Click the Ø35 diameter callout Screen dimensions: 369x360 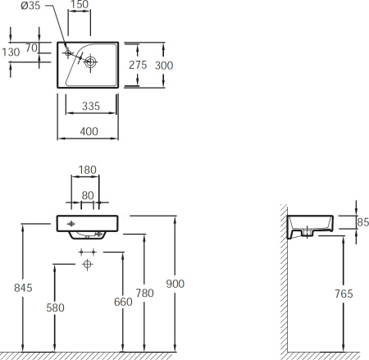click(x=30, y=6)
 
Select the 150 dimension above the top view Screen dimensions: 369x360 click(x=80, y=4)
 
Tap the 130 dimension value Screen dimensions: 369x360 click(x=11, y=52)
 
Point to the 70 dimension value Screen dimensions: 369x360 click(x=31, y=48)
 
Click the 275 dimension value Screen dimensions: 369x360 click(x=138, y=65)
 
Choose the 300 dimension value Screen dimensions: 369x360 click(x=164, y=66)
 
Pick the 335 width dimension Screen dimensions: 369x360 click(x=91, y=106)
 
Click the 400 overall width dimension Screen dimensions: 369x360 click(x=89, y=131)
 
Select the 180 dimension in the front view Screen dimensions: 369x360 click(x=88, y=170)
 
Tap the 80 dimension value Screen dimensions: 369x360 click(x=88, y=195)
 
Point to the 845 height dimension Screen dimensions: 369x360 click(x=23, y=288)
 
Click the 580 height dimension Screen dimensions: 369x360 click(x=55, y=308)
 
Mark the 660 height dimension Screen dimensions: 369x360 click(x=123, y=302)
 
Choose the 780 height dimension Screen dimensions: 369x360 click(x=145, y=293)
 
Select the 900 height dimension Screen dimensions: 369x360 click(x=175, y=284)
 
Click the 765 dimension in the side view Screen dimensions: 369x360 click(x=344, y=294)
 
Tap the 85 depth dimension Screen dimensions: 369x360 click(x=363, y=222)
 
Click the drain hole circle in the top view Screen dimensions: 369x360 click(x=90, y=62)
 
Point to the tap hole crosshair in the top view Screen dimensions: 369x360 click(x=68, y=52)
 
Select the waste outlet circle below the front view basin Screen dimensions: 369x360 click(x=87, y=264)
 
